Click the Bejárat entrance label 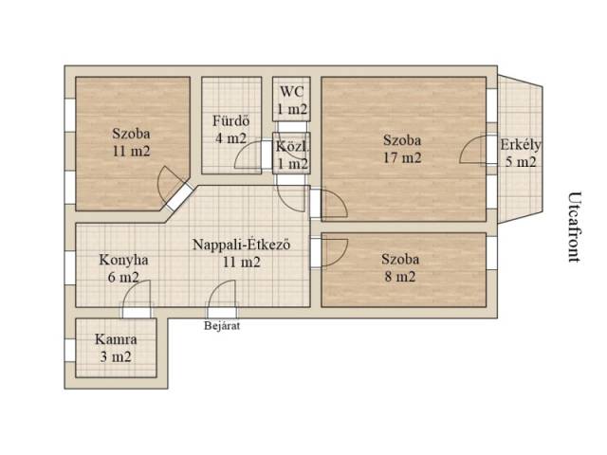click(222, 326)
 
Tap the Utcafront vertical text click(575, 227)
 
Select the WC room click(291, 99)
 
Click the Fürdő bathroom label click(231, 121)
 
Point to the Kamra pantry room click(116, 348)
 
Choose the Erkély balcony click(520, 149)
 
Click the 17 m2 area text click(402, 157)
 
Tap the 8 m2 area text click(400, 277)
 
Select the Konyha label click(123, 260)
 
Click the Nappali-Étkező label click(242, 245)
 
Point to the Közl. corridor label click(293, 147)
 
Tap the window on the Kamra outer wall click(70, 350)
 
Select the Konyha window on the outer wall click(70, 268)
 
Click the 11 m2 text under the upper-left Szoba click(131, 151)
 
